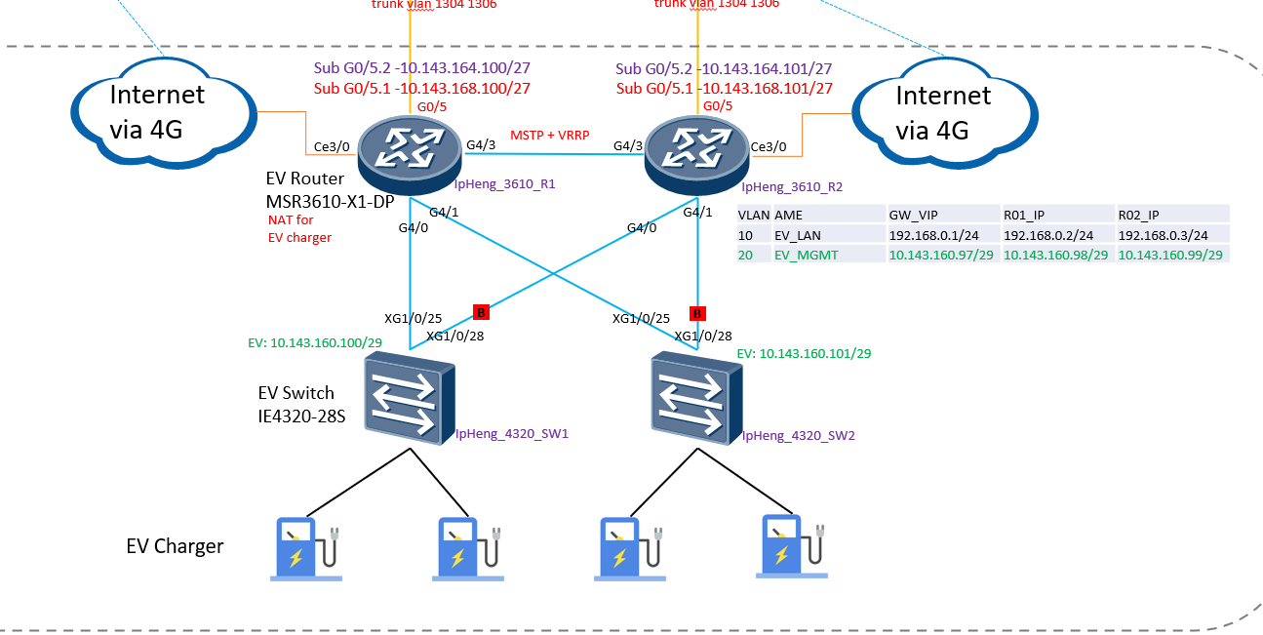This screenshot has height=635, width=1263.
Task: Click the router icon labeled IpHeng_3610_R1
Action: [x=409, y=152]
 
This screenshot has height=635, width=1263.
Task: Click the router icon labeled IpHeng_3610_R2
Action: [x=696, y=152]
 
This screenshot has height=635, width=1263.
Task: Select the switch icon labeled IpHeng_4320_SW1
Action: [x=409, y=398]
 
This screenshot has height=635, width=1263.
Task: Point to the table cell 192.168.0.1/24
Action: [x=941, y=235]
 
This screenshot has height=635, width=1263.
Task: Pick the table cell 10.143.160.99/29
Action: [x=1170, y=255]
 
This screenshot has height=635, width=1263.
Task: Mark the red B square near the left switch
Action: [x=481, y=312]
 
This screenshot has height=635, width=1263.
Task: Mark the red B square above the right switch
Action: [x=697, y=313]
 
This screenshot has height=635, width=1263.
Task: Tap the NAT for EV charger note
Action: [x=299, y=228]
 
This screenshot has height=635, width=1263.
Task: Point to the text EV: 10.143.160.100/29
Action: [x=314, y=343]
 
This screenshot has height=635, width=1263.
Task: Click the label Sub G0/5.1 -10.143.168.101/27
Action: [x=725, y=89]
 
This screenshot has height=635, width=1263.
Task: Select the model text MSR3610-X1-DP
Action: [x=326, y=201]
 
